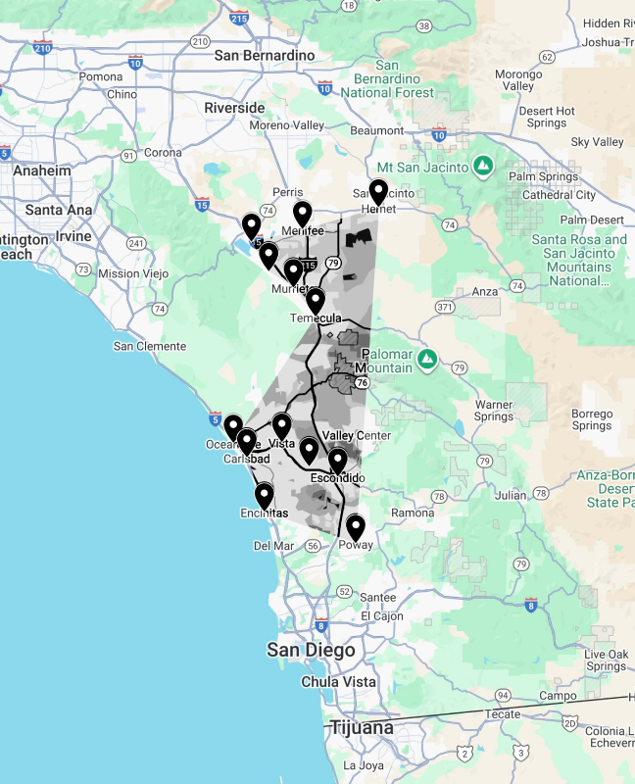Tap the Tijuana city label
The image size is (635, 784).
(x=361, y=727)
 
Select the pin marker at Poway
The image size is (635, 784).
(x=355, y=528)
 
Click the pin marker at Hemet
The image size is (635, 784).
(x=378, y=192)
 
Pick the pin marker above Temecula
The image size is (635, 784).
(x=316, y=300)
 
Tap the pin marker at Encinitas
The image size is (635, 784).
(x=265, y=496)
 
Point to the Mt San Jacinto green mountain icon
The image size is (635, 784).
(x=482, y=165)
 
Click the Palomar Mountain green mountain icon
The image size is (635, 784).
(x=426, y=360)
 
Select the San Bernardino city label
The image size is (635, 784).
(x=265, y=56)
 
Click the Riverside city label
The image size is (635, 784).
(x=234, y=108)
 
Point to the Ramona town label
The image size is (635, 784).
(x=411, y=513)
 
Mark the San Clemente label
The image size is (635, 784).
(x=149, y=346)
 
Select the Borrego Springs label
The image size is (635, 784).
(x=592, y=419)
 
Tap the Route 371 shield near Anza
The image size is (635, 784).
(x=446, y=307)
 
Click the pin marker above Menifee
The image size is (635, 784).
(x=303, y=213)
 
